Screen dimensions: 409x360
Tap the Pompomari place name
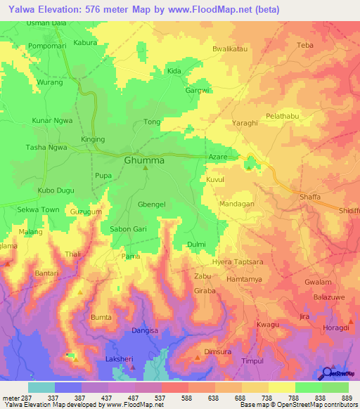tap(46, 46)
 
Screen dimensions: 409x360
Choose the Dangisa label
tap(146, 330)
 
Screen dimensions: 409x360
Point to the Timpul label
tap(252, 361)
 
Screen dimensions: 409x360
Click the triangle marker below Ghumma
tap(146, 169)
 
